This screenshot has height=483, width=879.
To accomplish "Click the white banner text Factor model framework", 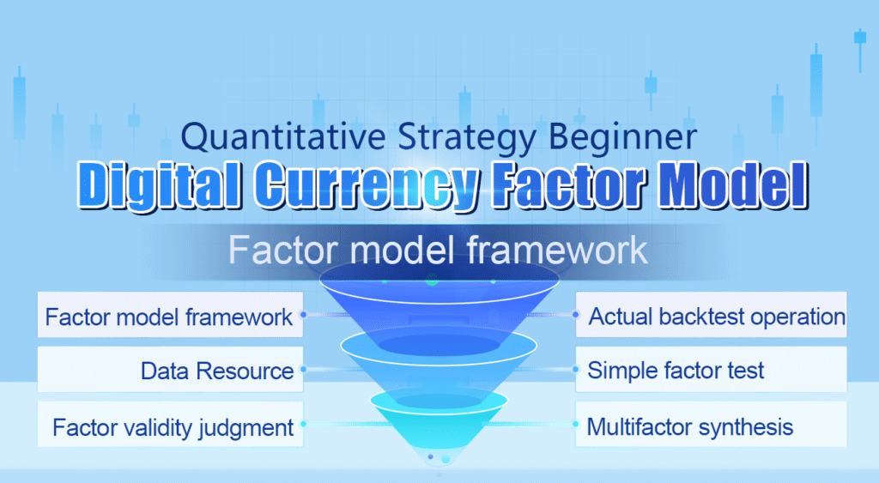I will pos(438,251).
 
